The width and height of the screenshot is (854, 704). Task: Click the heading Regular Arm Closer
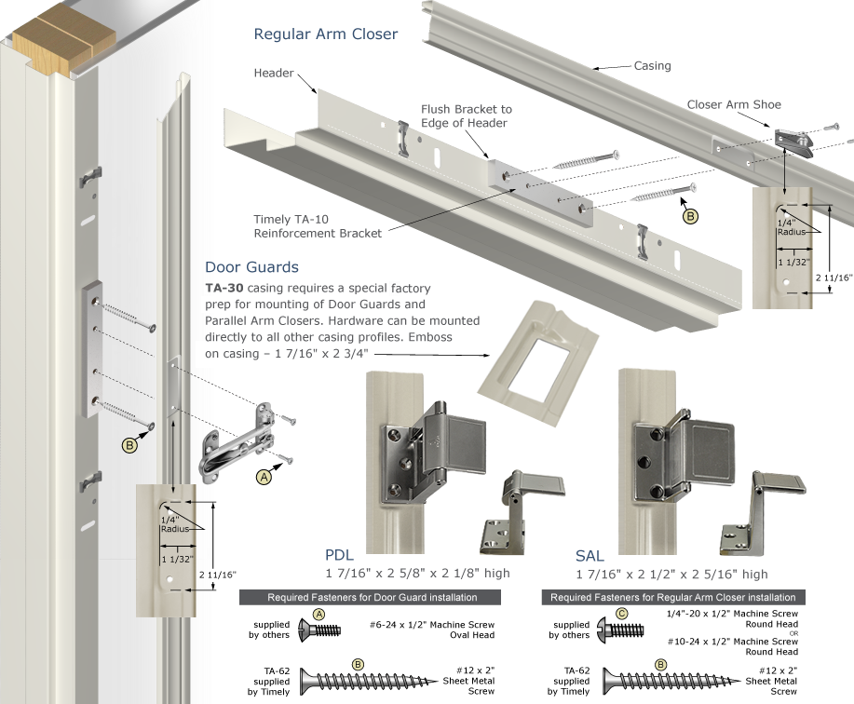326,34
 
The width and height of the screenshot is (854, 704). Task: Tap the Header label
273,73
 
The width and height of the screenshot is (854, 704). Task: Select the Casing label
652,66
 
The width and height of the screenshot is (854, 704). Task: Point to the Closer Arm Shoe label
734,104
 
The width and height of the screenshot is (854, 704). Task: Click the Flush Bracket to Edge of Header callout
466,116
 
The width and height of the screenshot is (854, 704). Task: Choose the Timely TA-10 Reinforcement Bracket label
318,226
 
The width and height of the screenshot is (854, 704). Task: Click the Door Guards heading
251,267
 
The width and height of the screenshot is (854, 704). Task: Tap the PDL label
341,556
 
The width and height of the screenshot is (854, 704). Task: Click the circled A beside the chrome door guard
264,476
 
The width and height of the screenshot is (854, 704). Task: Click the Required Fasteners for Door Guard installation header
372,597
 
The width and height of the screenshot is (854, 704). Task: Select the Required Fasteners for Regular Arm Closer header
673,597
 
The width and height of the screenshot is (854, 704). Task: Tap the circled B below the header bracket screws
690,216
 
